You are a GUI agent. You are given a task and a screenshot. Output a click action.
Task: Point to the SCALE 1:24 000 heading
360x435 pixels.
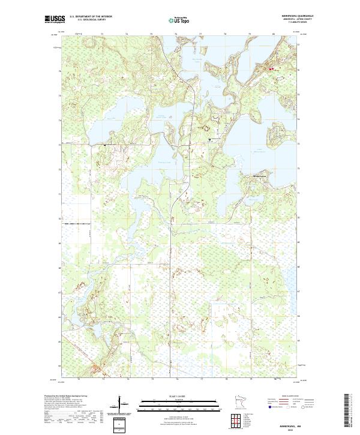pos(176,395)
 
